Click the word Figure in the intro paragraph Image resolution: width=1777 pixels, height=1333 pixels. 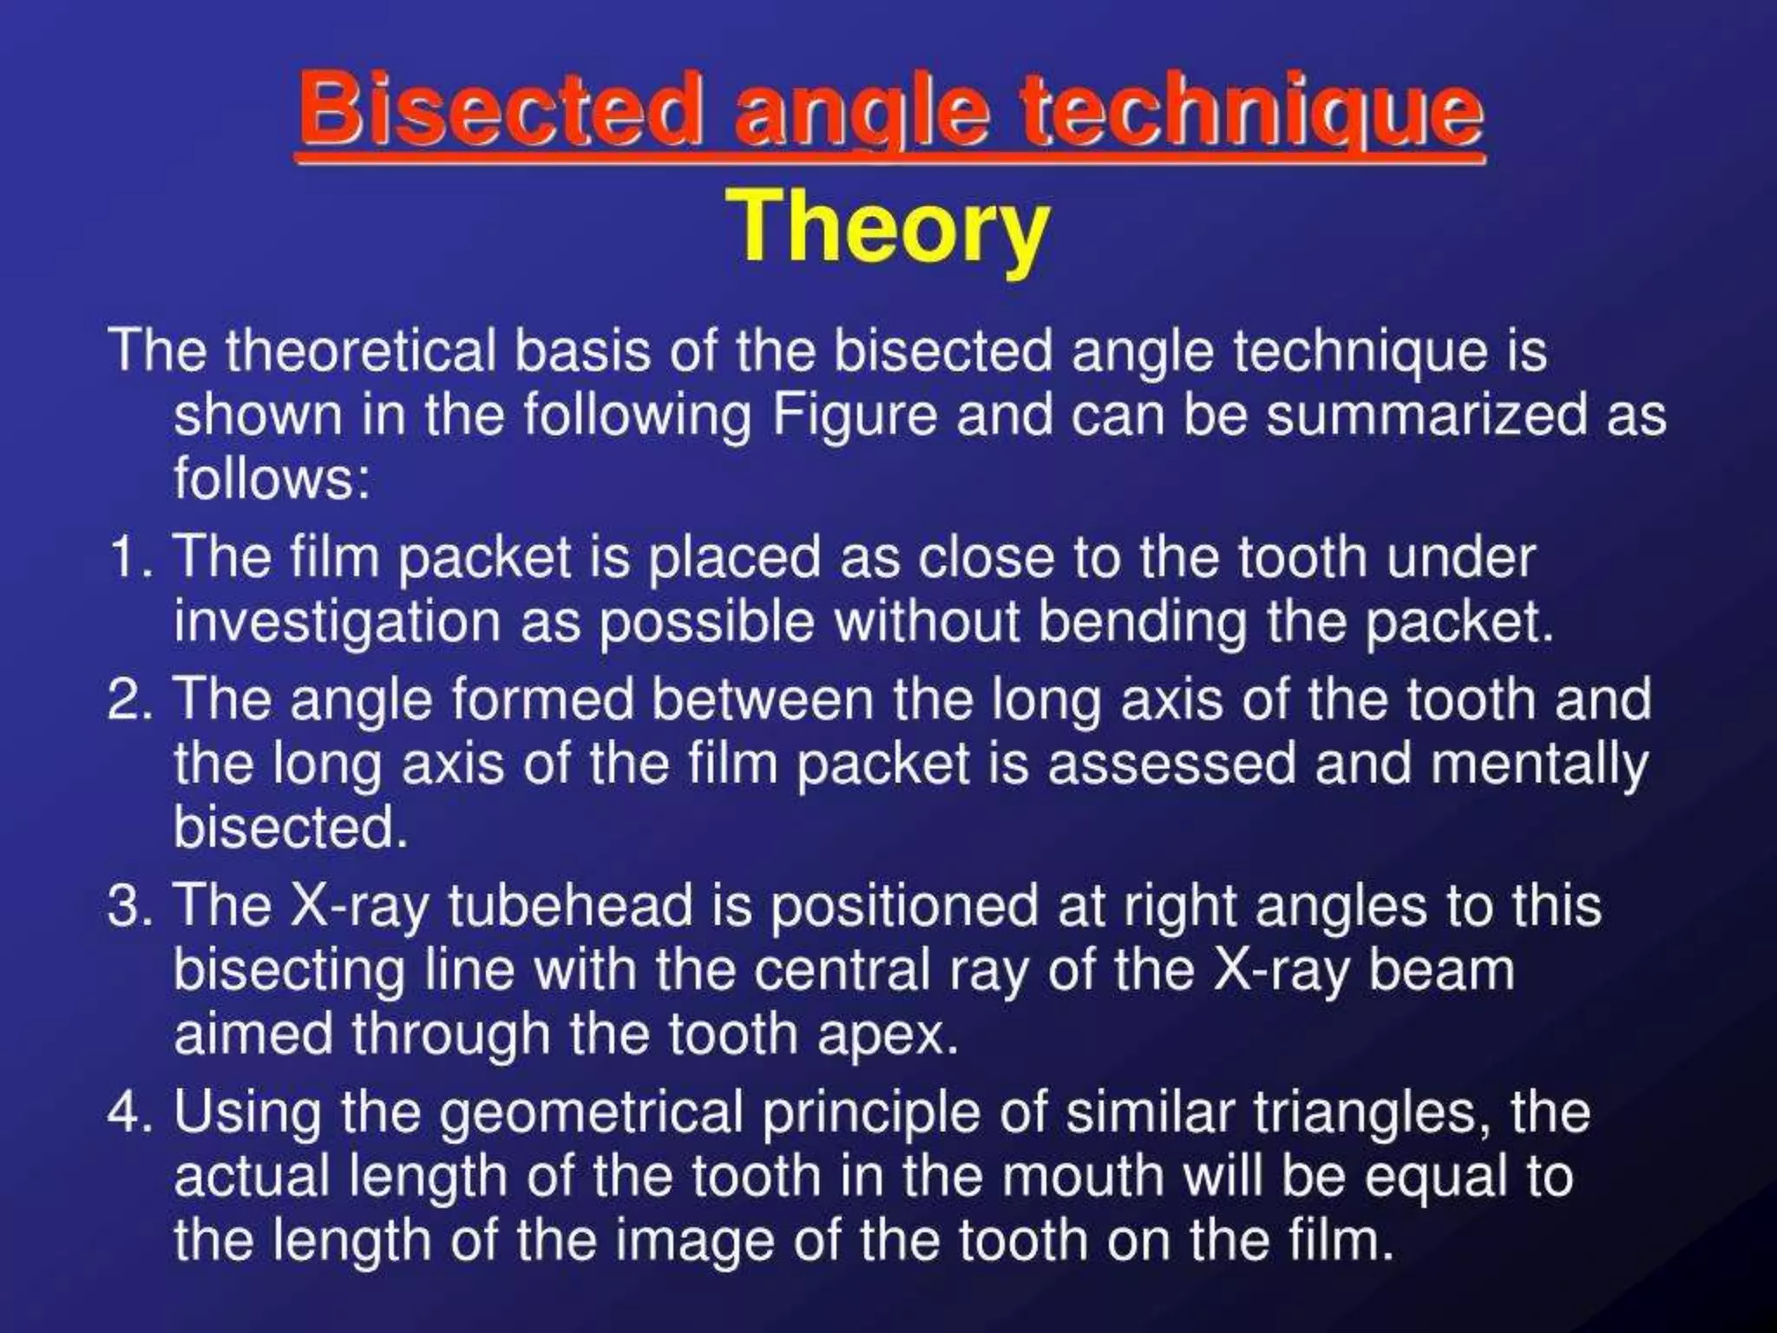click(x=855, y=415)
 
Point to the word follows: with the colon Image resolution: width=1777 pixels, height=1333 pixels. click(x=272, y=478)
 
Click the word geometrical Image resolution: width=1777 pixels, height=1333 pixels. click(x=591, y=1112)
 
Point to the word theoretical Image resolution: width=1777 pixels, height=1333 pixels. click(x=361, y=351)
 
